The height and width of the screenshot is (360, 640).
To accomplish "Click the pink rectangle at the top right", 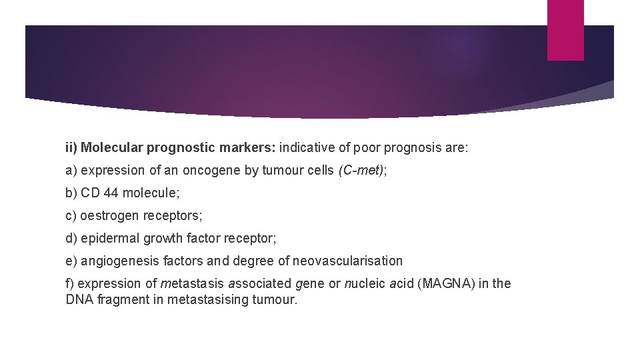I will [565, 30].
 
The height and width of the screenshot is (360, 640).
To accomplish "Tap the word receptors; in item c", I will [176, 215].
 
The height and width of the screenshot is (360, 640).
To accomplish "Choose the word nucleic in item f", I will [365, 283].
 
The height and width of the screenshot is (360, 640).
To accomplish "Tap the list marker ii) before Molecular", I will [71, 147].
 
